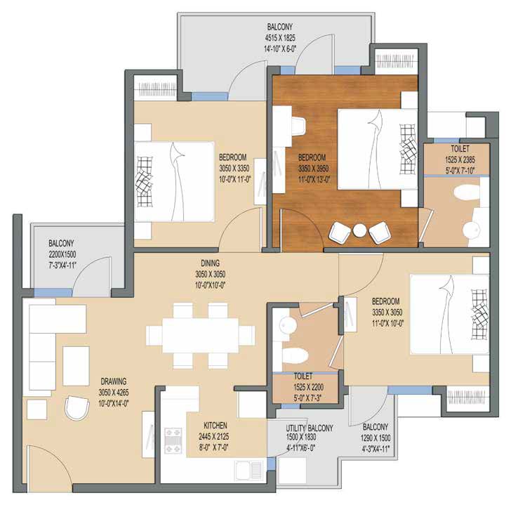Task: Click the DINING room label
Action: (x=210, y=263)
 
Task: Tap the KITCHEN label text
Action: (x=215, y=426)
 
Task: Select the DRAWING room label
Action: (x=114, y=381)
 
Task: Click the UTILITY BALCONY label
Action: (x=310, y=428)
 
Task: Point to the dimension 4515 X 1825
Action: (x=280, y=38)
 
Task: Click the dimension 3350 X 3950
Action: (x=313, y=169)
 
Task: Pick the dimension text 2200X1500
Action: (x=62, y=254)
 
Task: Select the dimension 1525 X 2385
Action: (x=460, y=159)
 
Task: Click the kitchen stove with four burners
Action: (x=173, y=440)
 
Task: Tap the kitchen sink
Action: (x=248, y=470)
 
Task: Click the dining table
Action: (x=201, y=336)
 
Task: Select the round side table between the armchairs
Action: (x=360, y=231)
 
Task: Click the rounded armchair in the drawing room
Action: (x=77, y=408)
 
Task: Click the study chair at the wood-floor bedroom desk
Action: (x=298, y=126)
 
